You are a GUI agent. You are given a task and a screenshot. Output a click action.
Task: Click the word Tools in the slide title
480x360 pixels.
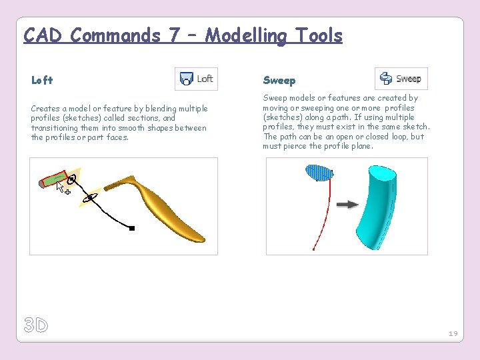(313, 35)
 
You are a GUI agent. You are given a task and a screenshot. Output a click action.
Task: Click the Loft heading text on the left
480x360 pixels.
(42, 80)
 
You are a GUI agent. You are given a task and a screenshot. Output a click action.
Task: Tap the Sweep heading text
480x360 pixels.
(279, 80)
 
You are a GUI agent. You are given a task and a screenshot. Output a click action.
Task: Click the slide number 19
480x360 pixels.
(453, 333)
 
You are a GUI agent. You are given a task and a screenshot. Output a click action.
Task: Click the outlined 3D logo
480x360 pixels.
(36, 325)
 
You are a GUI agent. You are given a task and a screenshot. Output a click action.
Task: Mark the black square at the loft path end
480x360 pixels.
(132, 228)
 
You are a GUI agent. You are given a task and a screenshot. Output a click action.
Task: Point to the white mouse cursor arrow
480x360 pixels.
(61, 187)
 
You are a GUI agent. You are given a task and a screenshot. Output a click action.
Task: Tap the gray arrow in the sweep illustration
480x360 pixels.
(347, 204)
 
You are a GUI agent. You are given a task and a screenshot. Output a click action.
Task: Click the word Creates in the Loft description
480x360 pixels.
(45, 108)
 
